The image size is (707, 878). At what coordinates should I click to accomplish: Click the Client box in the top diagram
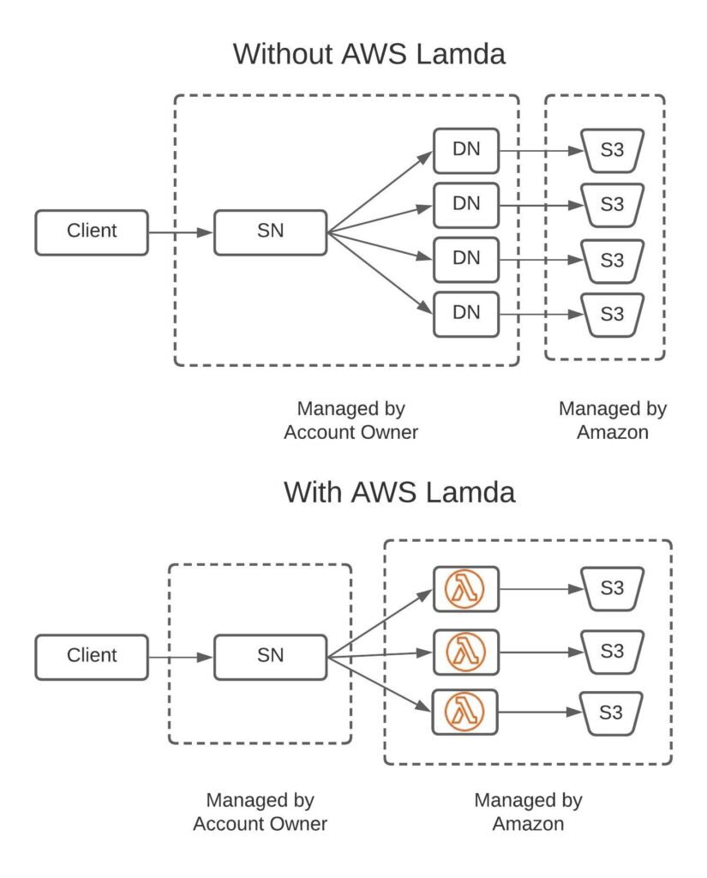[x=92, y=232]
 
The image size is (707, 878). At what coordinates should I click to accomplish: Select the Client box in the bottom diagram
[x=92, y=657]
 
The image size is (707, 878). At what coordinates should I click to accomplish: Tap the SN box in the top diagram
[x=270, y=232]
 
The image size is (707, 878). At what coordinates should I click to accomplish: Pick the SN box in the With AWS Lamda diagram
[x=270, y=657]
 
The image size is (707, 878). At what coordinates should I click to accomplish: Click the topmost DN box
[x=466, y=151]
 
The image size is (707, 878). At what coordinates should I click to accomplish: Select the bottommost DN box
[x=466, y=314]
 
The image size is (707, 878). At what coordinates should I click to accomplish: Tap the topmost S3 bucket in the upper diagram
[x=613, y=151]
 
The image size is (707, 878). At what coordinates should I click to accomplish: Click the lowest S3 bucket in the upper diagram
[x=613, y=315]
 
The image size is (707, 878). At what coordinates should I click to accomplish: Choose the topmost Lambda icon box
[x=465, y=589]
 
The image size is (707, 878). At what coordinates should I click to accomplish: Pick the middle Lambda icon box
[x=465, y=652]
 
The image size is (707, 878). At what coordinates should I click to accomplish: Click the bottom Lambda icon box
[x=465, y=713]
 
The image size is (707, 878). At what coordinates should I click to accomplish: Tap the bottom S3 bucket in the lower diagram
[x=611, y=713]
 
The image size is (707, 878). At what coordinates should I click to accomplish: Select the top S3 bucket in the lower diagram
[x=613, y=588]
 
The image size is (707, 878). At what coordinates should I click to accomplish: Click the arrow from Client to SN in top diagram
[x=181, y=232]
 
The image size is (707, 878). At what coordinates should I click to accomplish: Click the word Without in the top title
[x=283, y=54]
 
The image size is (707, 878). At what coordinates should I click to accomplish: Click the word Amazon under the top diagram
[x=613, y=432]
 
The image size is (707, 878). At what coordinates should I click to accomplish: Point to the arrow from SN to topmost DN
[x=380, y=191]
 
